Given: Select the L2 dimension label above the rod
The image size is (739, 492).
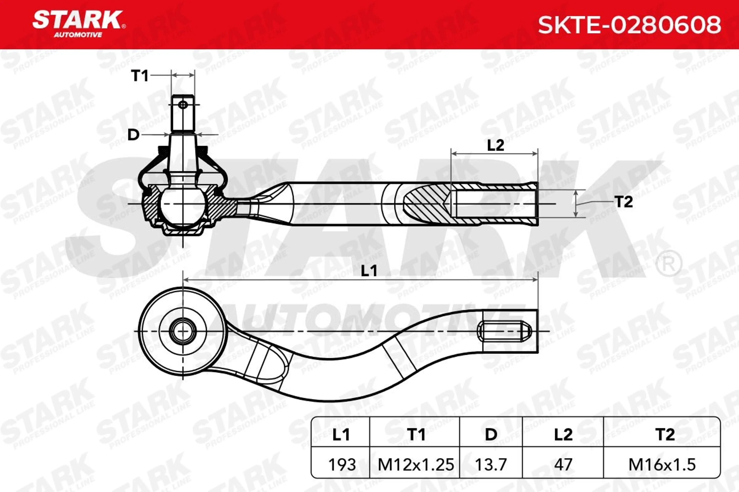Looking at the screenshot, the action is (x=496, y=145).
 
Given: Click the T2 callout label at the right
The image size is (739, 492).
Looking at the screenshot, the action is (x=624, y=202).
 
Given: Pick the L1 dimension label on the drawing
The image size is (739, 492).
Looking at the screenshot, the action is (x=369, y=271).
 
